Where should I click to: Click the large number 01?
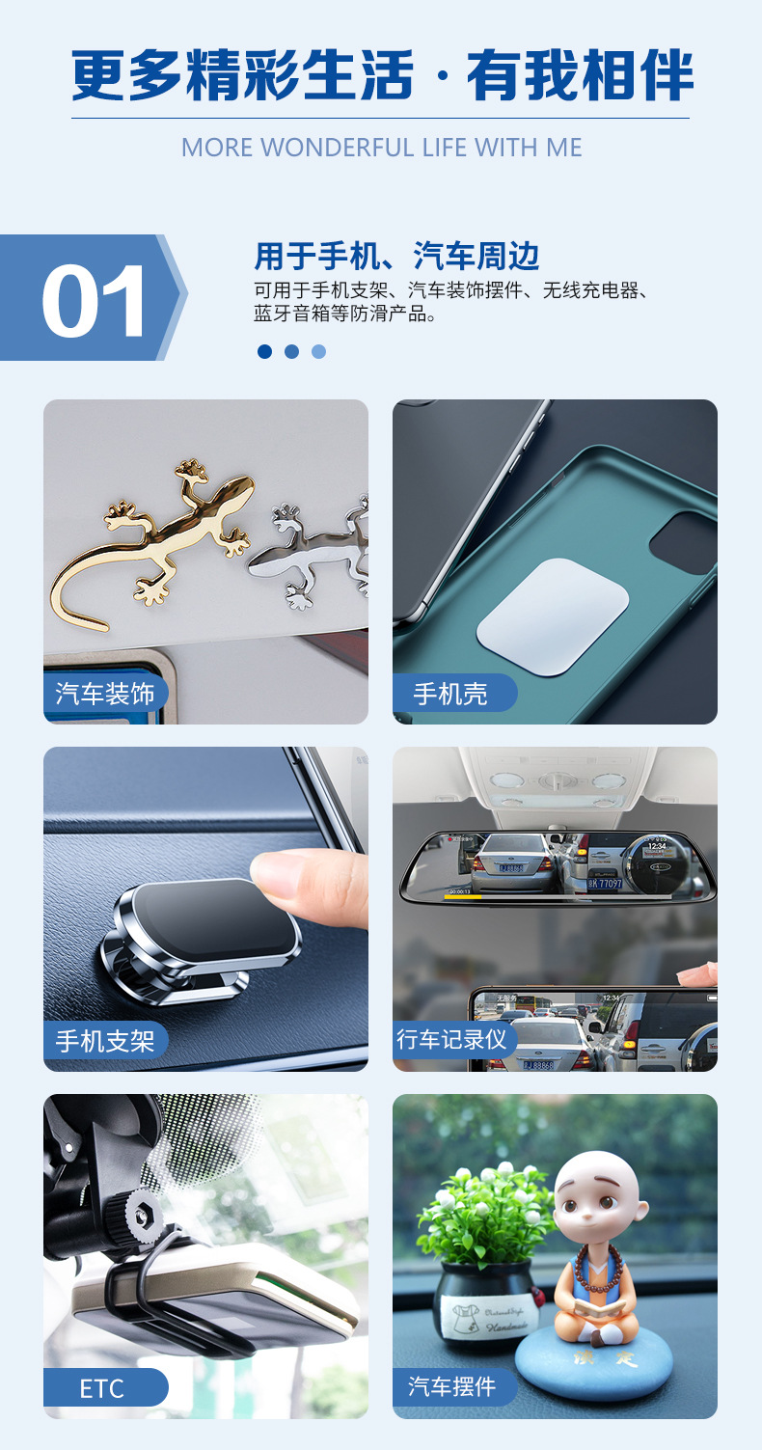point(94,300)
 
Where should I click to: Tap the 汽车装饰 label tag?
point(105,694)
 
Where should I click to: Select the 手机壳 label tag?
point(450,694)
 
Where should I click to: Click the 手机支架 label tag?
point(105,1041)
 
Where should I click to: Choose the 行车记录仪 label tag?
point(451,1039)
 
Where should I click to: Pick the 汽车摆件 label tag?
point(451,1386)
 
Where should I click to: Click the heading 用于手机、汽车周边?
point(396,257)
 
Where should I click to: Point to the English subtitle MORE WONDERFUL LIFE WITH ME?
point(381,148)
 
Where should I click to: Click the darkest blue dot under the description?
point(264,351)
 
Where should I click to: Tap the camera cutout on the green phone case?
point(687,541)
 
